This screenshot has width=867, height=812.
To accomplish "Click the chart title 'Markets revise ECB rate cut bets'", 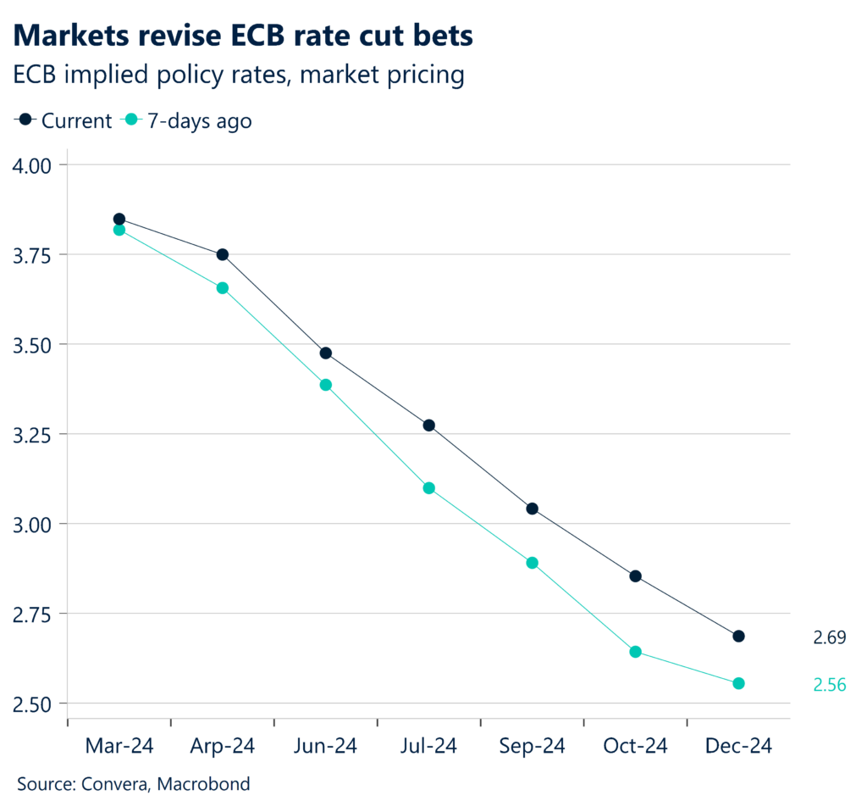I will pyautogui.click(x=243, y=35).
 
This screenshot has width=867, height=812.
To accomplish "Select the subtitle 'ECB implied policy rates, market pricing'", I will pyautogui.click(x=240, y=75).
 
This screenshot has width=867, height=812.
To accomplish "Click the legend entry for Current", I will pyautogui.click(x=64, y=120).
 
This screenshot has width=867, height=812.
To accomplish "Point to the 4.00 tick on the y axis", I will pyautogui.click(x=31, y=164).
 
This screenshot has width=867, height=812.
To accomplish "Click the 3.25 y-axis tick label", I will pyautogui.click(x=31, y=435).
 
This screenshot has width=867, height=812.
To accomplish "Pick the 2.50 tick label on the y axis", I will pyautogui.click(x=31, y=704).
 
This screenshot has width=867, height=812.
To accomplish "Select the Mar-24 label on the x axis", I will pyautogui.click(x=119, y=746).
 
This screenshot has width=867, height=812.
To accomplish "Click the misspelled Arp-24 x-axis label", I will pyautogui.click(x=222, y=746).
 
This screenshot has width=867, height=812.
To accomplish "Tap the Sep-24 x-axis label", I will pyautogui.click(x=532, y=746).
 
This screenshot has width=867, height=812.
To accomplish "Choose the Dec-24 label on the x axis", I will pyautogui.click(x=738, y=746).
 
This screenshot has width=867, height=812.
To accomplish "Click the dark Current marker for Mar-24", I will pyautogui.click(x=119, y=219).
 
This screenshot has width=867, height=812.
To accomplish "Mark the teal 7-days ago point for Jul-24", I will pyautogui.click(x=428, y=488).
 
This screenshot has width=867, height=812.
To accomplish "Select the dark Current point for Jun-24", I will pyautogui.click(x=325, y=353).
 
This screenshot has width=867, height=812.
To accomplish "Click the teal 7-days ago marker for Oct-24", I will pyautogui.click(x=635, y=652).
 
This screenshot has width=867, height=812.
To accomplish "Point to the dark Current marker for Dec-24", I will pyautogui.click(x=738, y=636).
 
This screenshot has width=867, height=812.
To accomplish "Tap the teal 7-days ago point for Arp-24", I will pyautogui.click(x=223, y=288).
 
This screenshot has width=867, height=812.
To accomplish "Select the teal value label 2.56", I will pyautogui.click(x=829, y=685).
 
